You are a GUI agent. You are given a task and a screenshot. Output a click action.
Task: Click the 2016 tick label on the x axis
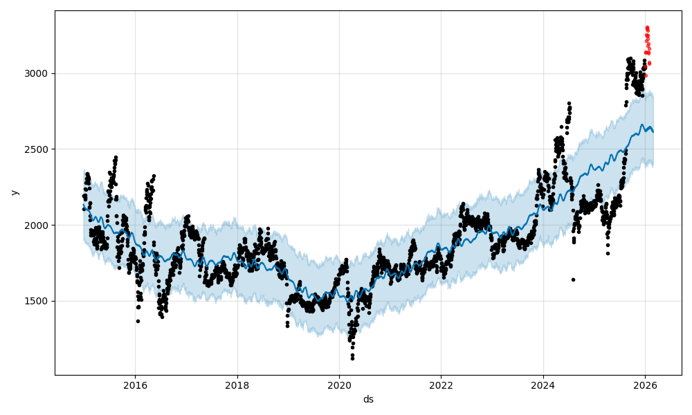(x=135, y=385)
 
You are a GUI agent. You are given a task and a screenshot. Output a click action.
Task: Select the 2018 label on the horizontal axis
(x=237, y=385)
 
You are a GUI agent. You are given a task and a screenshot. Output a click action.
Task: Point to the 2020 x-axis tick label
(x=339, y=385)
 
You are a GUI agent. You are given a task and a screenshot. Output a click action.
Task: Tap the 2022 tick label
(x=441, y=385)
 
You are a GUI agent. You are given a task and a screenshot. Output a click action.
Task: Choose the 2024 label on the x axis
(x=543, y=385)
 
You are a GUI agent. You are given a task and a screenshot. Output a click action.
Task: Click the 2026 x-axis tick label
(x=645, y=385)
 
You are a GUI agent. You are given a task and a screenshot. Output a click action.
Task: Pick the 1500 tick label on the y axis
(x=38, y=301)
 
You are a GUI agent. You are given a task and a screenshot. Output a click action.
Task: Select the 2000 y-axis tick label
(x=38, y=225)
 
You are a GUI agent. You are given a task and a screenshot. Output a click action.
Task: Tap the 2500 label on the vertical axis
(x=38, y=149)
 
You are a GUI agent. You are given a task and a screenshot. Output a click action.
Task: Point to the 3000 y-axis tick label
(x=38, y=73)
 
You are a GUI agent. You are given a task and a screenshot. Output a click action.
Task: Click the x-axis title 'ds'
(x=368, y=399)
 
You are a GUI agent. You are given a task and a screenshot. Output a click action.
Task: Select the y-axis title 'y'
(x=14, y=192)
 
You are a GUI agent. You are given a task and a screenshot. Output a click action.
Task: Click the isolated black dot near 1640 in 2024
(x=573, y=279)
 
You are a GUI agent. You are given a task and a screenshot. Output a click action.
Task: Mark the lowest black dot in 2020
(x=352, y=358)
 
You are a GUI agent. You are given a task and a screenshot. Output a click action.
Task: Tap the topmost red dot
(x=647, y=28)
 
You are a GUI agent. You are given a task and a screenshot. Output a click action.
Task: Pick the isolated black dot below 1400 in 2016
(x=138, y=321)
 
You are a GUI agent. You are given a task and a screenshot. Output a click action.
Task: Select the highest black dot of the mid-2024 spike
(x=569, y=103)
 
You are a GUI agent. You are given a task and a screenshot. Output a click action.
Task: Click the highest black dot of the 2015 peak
(x=116, y=157)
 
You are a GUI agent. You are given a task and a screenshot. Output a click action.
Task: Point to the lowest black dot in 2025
(x=608, y=253)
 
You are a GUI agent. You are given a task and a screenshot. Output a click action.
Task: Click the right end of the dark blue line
(x=653, y=131)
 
